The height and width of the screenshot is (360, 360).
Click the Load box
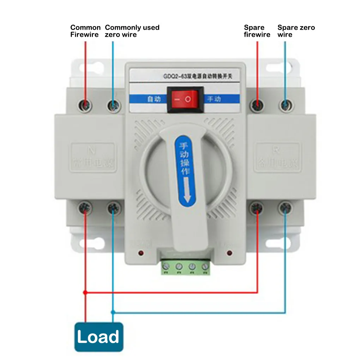tap(98, 337)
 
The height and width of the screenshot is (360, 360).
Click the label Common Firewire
tap(85, 31)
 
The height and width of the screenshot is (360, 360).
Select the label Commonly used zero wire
tap(132, 31)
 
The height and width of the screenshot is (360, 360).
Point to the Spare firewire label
tap(257, 31)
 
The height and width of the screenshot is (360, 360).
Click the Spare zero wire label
tap(296, 31)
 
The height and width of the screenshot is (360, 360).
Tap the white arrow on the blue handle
tap(187, 191)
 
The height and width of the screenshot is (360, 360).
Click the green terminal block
tap(186, 267)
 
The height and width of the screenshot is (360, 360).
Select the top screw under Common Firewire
tap(85, 105)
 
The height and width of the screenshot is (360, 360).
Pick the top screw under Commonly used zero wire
tap(113, 105)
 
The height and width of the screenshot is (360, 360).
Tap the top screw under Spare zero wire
tap(285, 105)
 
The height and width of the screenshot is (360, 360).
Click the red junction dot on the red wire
tap(85, 293)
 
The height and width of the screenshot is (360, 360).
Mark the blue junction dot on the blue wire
tap(113, 312)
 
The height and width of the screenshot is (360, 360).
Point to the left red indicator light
tap(141, 253)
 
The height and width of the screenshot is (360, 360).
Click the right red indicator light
tap(230, 253)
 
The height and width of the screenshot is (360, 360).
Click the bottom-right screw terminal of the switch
tap(285, 208)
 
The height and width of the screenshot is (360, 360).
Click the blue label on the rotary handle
tap(185, 169)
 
